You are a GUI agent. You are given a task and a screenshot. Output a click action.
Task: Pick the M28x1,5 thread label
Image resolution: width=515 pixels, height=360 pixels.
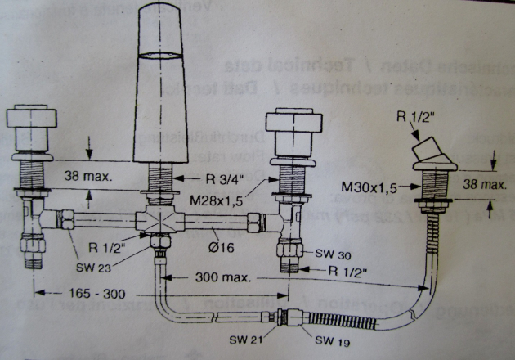pos(220,200)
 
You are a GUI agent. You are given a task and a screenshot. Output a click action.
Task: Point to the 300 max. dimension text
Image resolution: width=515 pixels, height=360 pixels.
pos(222,277)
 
